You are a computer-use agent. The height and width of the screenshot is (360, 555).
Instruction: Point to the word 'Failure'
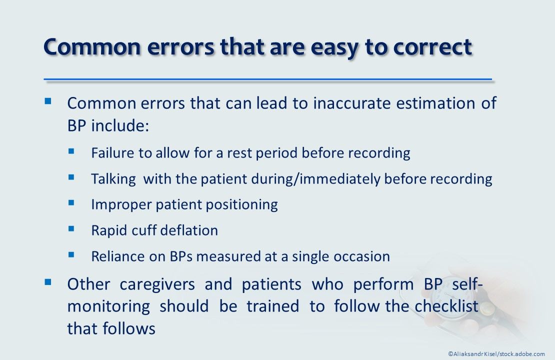click(113, 152)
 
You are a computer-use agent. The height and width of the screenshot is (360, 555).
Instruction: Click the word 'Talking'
click(113, 178)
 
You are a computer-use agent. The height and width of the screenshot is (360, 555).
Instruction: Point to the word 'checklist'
click(446, 306)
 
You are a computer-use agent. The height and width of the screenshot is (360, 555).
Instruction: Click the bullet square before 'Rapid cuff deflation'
click(71, 228)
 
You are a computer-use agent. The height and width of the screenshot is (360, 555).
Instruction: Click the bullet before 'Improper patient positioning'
click(71, 202)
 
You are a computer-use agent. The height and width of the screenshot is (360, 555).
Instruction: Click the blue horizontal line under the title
click(268, 79)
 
